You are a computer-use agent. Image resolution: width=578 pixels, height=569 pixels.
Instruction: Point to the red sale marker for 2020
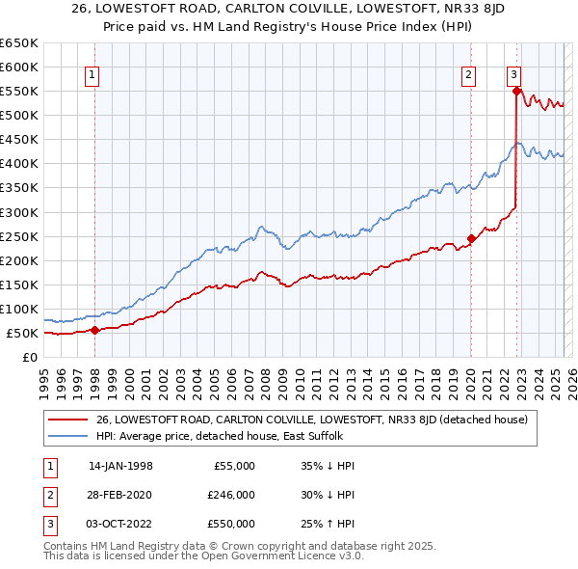pos(471,238)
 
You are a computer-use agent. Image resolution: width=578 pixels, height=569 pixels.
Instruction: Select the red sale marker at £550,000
pos(516,92)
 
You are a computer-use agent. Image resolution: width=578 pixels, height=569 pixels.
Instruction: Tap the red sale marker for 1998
pos(95,330)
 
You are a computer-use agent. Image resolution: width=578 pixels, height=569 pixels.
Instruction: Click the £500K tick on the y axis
pos(20,115)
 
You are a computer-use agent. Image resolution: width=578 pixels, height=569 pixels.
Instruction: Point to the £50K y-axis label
pos(24,333)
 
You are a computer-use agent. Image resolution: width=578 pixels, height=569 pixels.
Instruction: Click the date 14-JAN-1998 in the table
pos(120,466)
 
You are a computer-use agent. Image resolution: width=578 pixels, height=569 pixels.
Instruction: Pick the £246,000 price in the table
pos(231,495)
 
